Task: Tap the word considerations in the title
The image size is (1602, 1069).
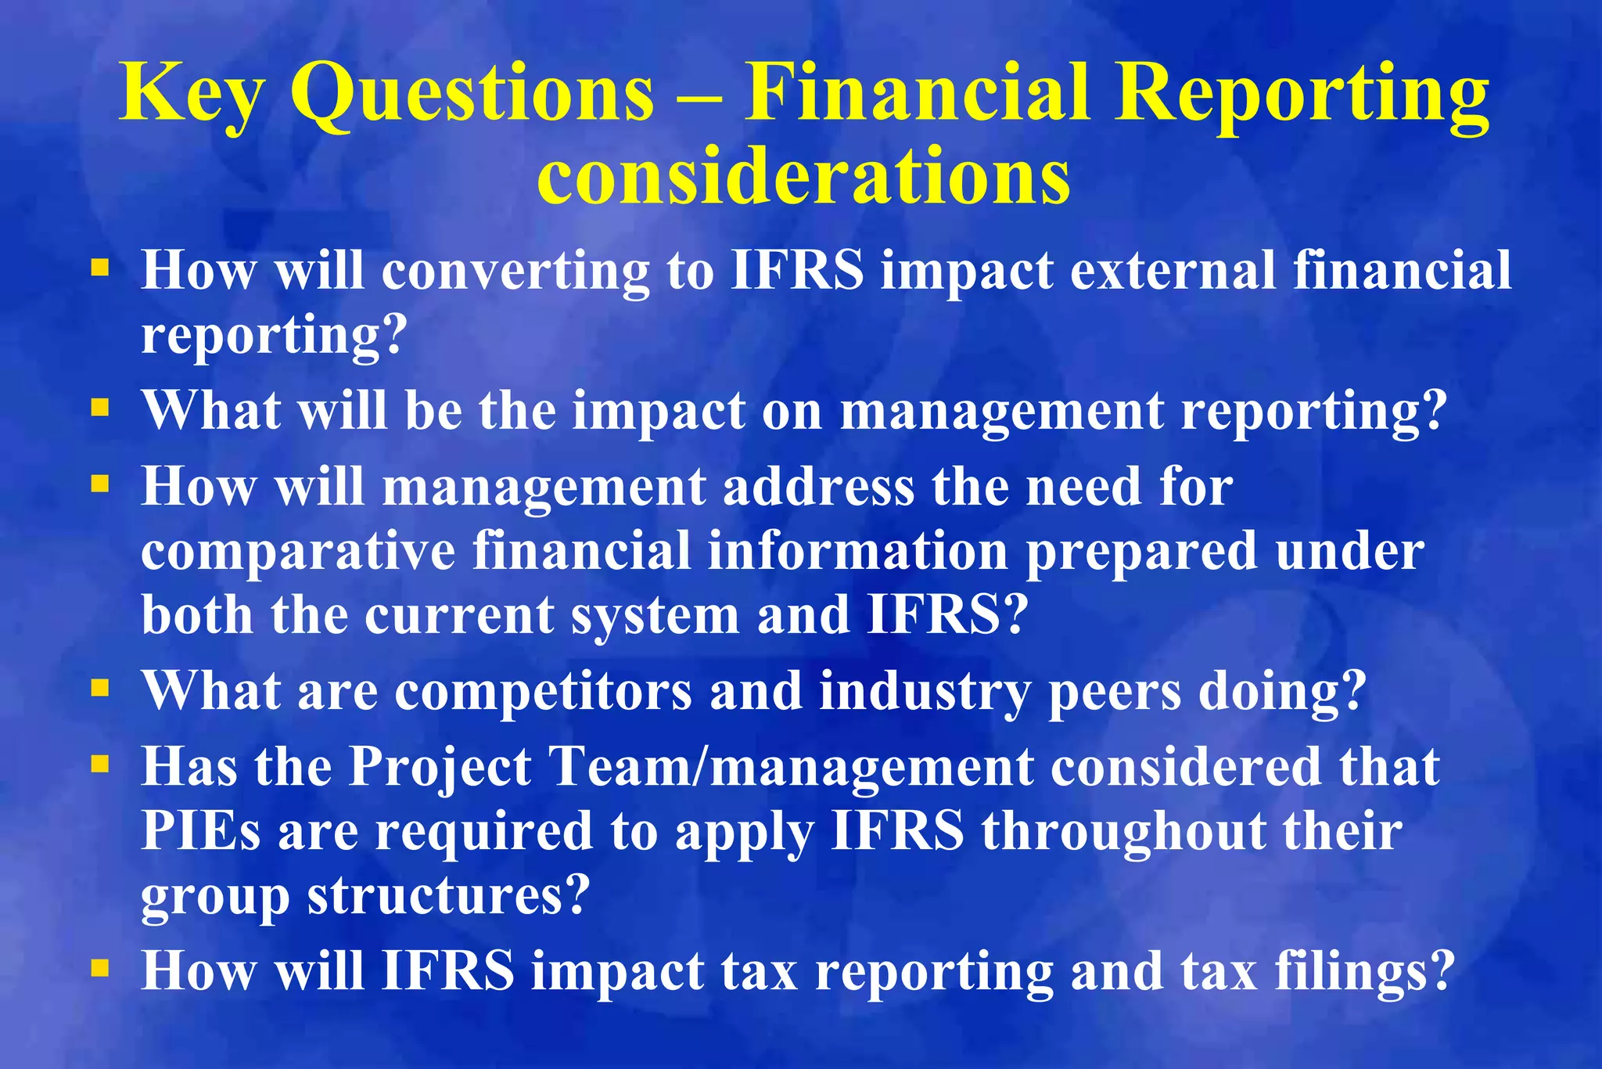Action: (803, 177)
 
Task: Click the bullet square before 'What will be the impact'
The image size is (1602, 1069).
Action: (99, 408)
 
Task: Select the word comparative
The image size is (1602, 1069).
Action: (298, 551)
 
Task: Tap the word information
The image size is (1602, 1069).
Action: (857, 551)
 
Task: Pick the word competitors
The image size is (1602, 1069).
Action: (543, 692)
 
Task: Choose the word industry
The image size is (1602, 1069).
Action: (925, 692)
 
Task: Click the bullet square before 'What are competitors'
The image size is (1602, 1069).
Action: (99, 689)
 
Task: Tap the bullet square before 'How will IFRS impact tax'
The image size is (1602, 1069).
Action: (99, 969)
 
